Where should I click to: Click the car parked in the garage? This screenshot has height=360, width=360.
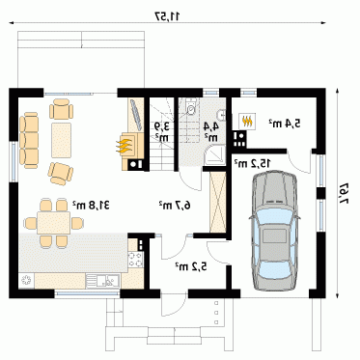pyautogui.click(x=274, y=232)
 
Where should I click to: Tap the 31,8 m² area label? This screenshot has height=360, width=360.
pyautogui.click(x=91, y=205)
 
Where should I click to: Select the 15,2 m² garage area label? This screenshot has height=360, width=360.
pyautogui.click(x=252, y=163)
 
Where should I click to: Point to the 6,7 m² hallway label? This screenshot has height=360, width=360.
pyautogui.click(x=175, y=205)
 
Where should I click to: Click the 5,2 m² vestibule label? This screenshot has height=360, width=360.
pyautogui.click(x=191, y=266)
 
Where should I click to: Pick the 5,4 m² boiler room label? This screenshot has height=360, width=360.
pyautogui.click(x=285, y=123)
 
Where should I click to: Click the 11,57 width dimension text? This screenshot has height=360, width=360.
pyautogui.click(x=167, y=15)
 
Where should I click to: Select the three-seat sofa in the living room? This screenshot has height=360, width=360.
pyautogui.click(x=29, y=140)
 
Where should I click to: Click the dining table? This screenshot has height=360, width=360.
pyautogui.click(x=53, y=223)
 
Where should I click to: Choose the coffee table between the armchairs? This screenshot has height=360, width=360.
pyautogui.click(x=61, y=140)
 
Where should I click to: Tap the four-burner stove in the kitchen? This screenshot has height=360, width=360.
pyautogui.click(x=135, y=260)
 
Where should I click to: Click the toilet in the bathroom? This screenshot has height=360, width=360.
pyautogui.click(x=191, y=108)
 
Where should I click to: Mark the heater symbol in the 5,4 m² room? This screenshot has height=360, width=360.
pyautogui.click(x=247, y=121)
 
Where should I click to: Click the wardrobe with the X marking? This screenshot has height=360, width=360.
pyautogui.click(x=218, y=202)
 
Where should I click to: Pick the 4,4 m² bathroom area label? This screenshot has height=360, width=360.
pyautogui.click(x=211, y=131)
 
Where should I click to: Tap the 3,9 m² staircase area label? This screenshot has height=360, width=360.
pyautogui.click(x=162, y=131)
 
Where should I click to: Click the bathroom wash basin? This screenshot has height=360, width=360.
pyautogui.click(x=222, y=115)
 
